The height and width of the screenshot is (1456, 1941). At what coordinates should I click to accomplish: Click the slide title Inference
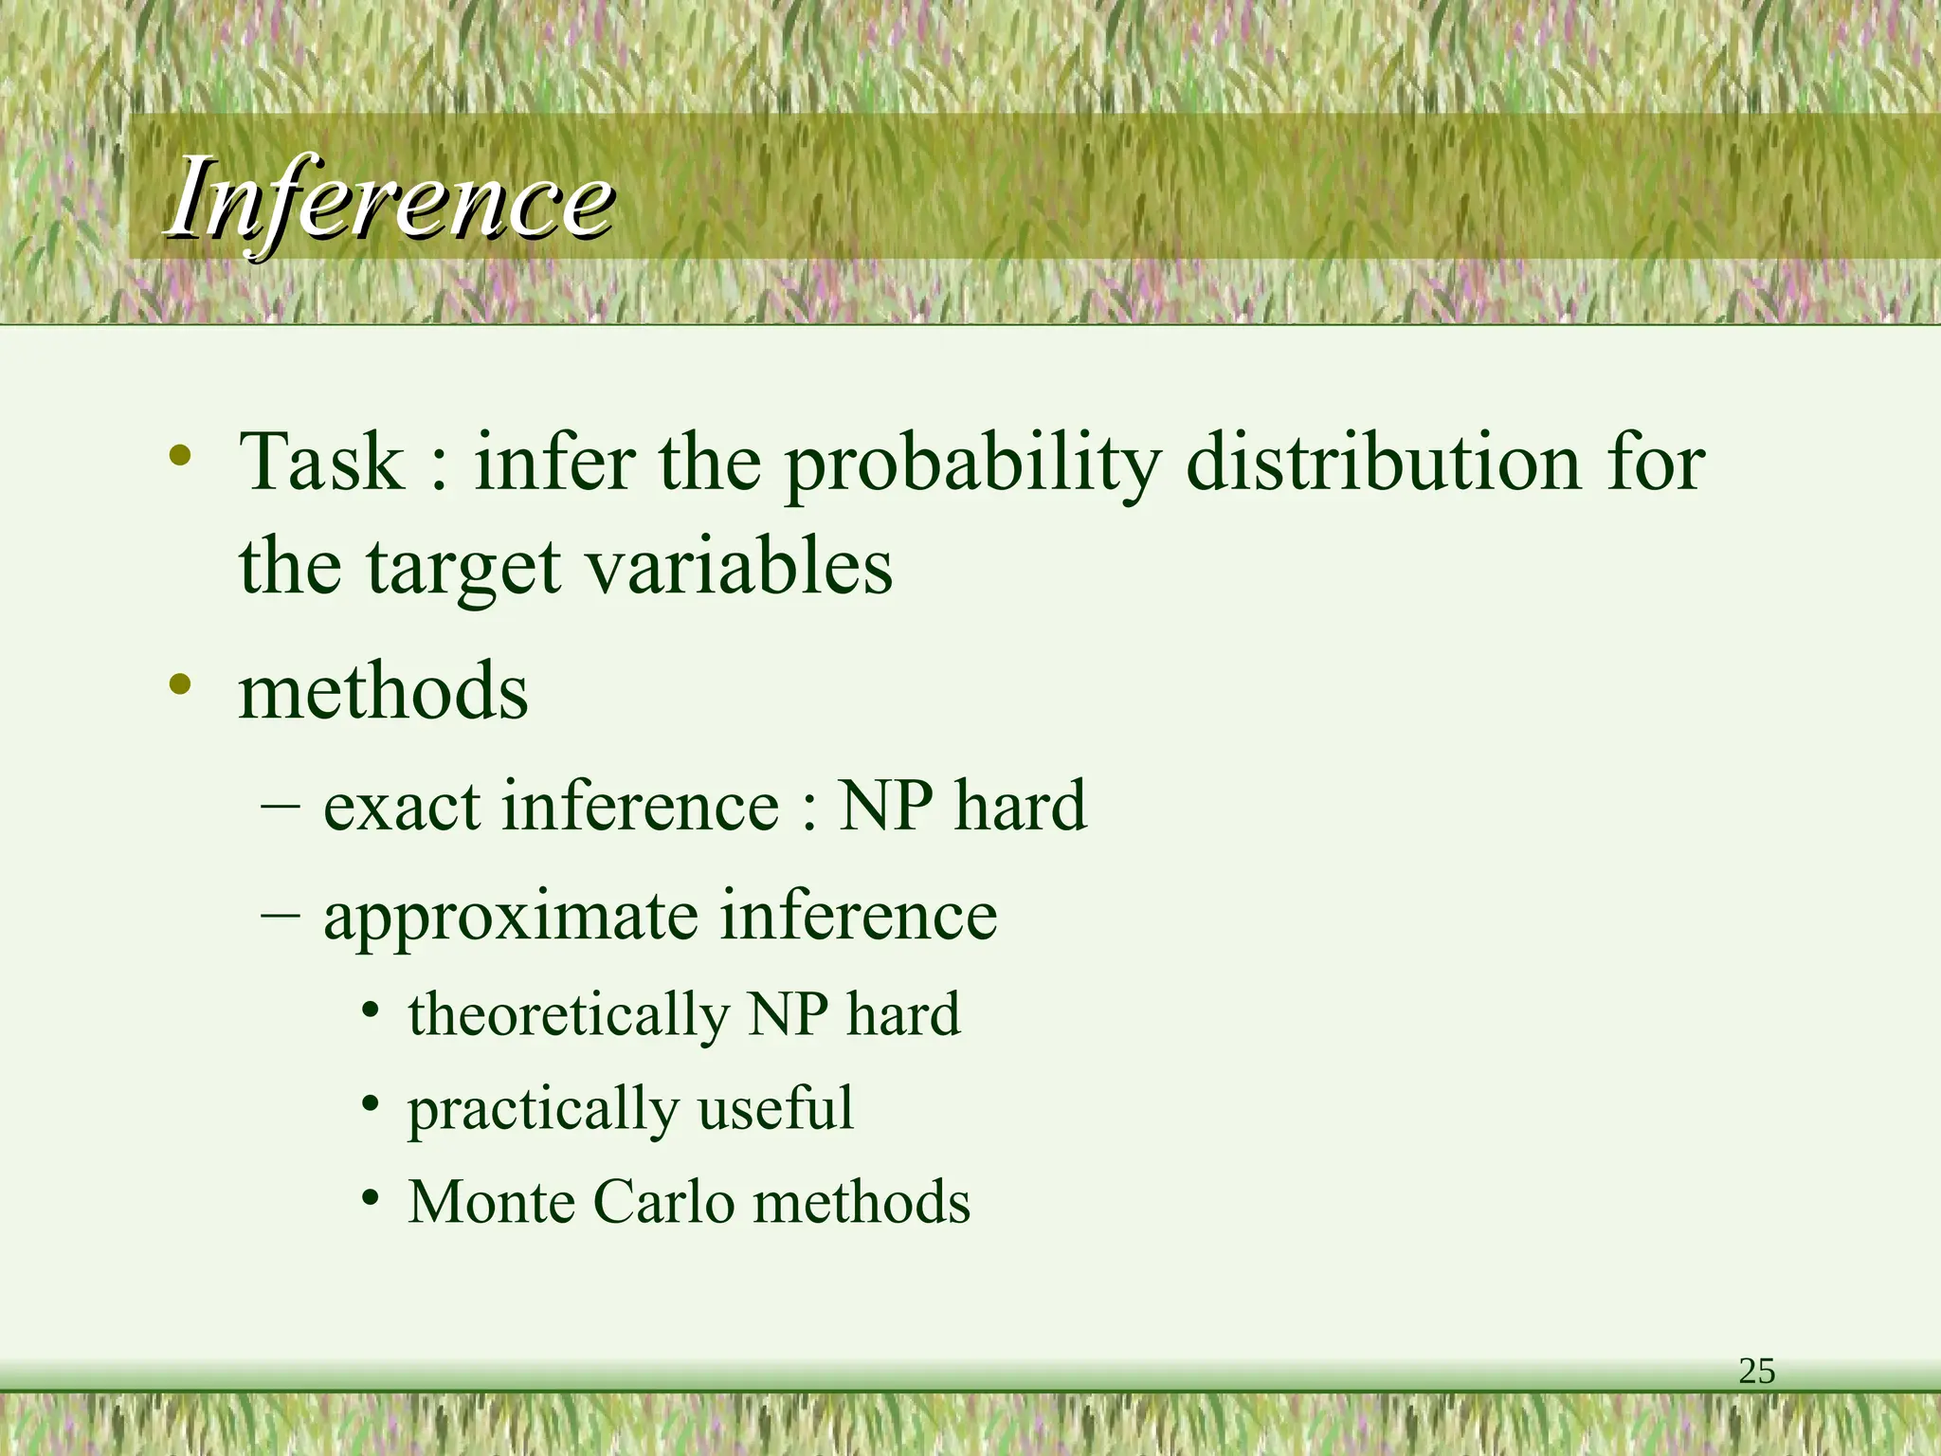(390, 199)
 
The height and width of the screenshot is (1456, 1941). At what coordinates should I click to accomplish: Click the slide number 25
(1756, 1372)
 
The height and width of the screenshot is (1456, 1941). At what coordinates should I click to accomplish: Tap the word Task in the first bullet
(322, 462)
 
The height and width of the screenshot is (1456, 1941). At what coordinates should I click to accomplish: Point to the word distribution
(1384, 462)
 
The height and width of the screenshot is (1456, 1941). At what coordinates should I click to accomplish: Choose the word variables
(738, 566)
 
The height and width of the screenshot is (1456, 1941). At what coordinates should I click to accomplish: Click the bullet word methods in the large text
(383, 691)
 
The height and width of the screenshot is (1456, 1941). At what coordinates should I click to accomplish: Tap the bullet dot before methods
(180, 683)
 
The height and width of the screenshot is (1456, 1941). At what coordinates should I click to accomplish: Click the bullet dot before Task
(180, 456)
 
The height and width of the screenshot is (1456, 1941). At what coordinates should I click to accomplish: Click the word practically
(543, 1109)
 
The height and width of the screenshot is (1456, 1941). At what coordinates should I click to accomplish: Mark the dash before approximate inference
(281, 916)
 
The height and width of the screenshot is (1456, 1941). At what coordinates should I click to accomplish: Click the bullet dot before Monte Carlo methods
(372, 1198)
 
